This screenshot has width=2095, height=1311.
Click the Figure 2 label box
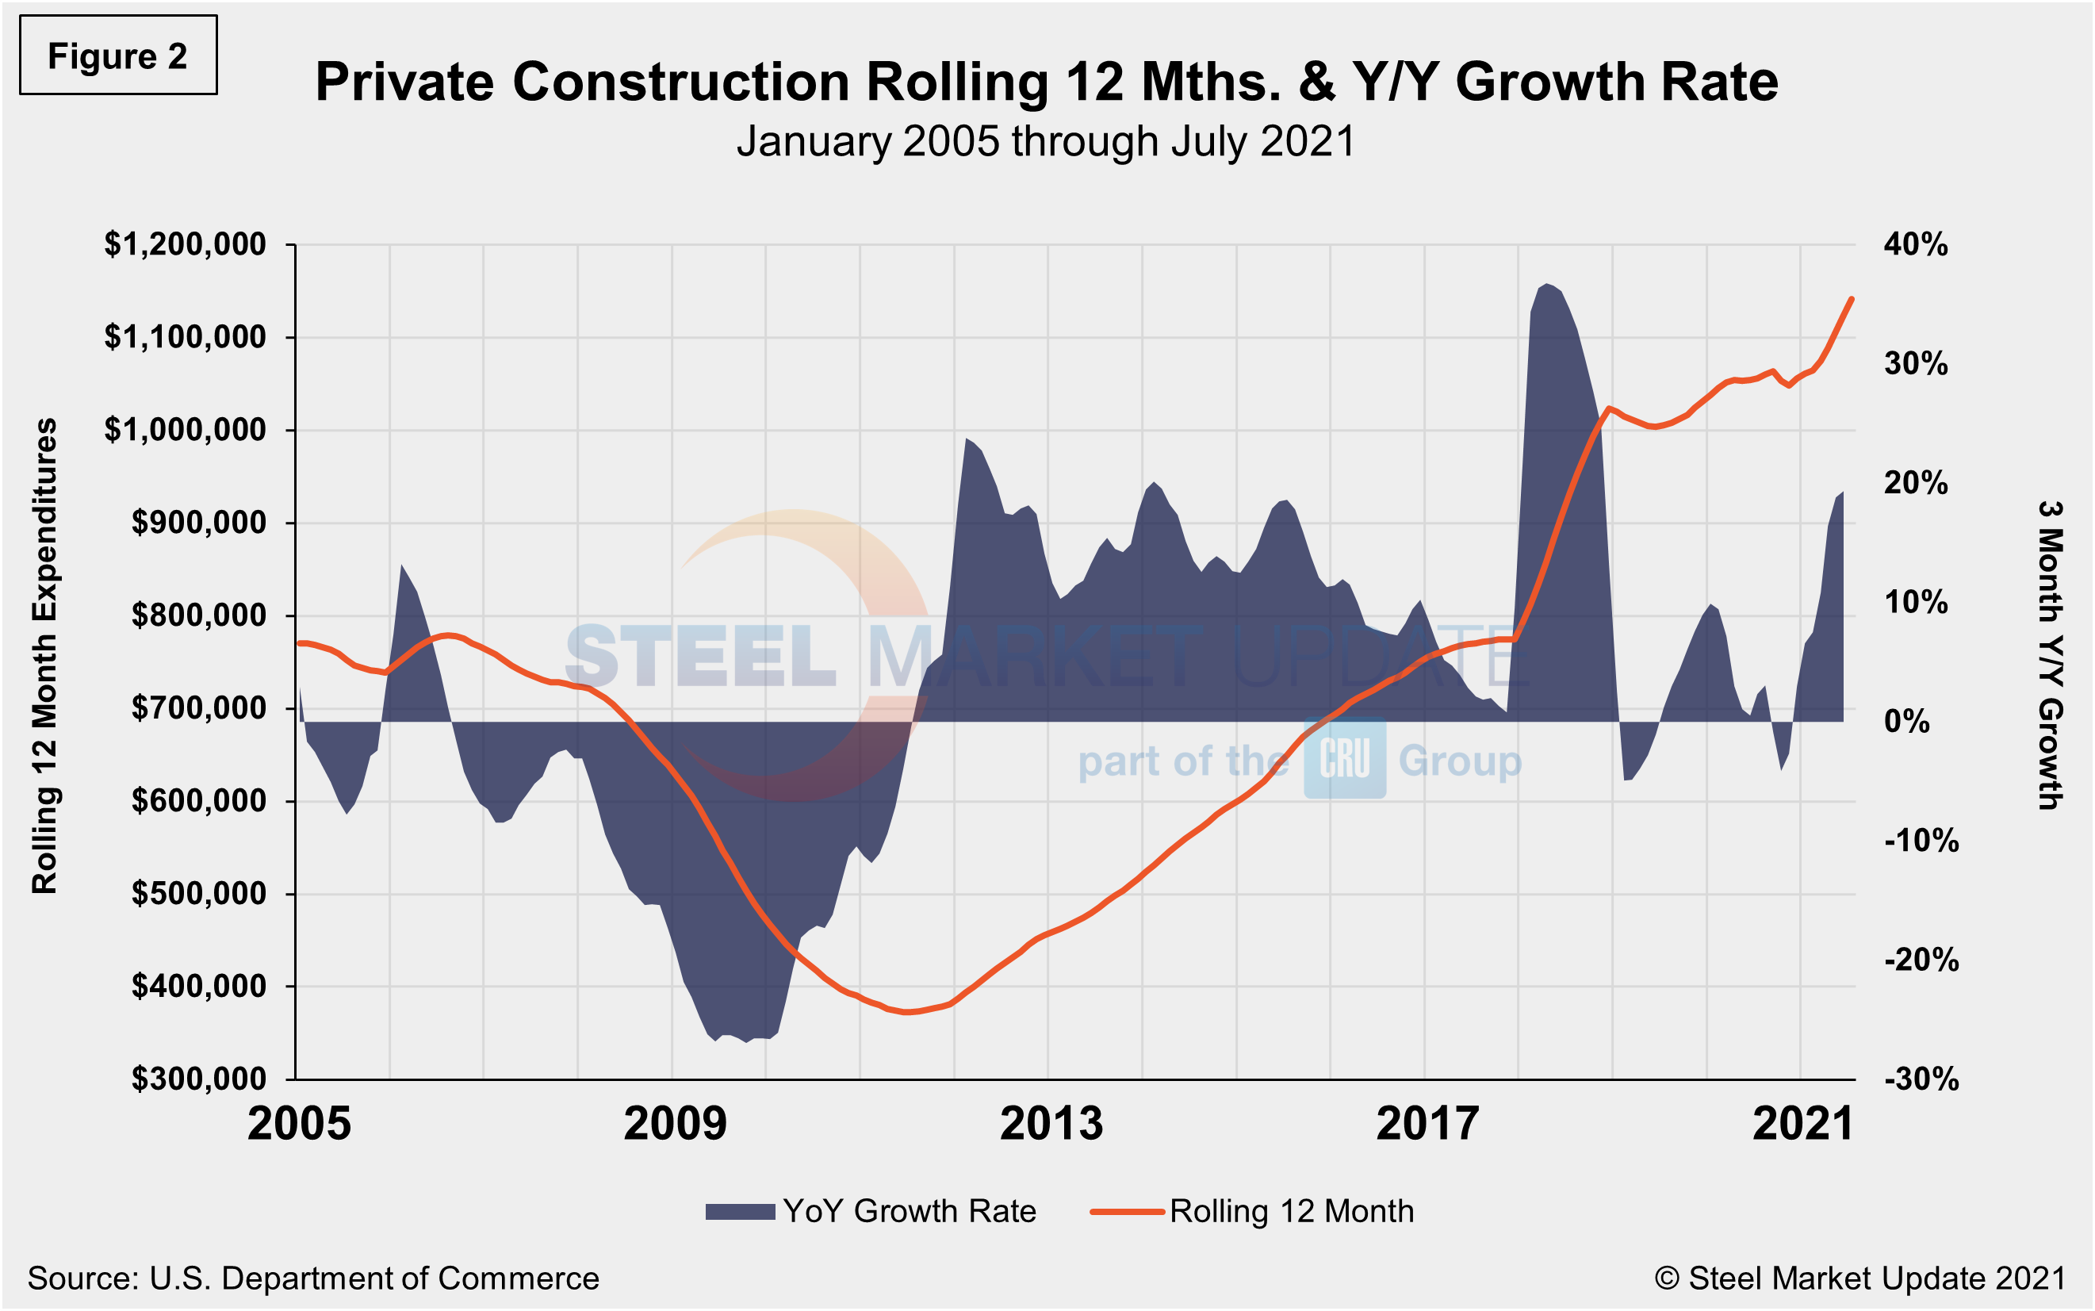click(x=118, y=56)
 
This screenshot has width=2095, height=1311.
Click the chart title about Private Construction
click(x=1046, y=82)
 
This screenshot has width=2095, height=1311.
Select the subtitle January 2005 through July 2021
click(x=1046, y=141)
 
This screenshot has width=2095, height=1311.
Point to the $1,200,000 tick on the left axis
click(x=185, y=244)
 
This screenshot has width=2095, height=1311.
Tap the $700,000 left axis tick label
click(x=198, y=708)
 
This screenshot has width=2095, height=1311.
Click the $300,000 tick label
click(x=198, y=1079)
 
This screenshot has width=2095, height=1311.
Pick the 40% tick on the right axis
click(x=1915, y=244)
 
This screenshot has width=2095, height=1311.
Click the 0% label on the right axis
click(x=1906, y=722)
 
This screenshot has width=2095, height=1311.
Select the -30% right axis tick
click(x=1921, y=1079)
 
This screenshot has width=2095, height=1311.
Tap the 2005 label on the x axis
click(x=299, y=1125)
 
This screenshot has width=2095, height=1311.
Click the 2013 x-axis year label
click(x=1051, y=1125)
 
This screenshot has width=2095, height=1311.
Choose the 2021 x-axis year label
click(x=1803, y=1125)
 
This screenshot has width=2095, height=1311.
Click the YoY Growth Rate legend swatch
click(x=739, y=1212)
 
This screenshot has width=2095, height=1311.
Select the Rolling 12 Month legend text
click(x=1292, y=1211)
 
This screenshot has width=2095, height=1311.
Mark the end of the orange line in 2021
click(x=1852, y=299)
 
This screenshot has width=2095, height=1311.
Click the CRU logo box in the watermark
click(x=1344, y=761)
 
